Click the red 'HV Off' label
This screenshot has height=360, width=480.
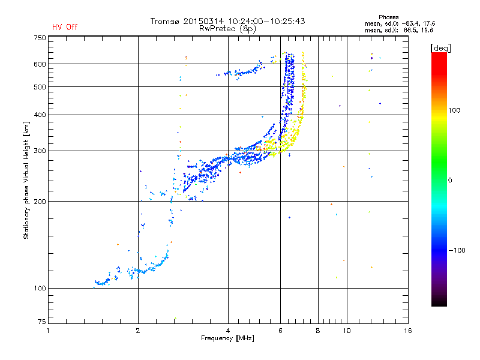[65, 27]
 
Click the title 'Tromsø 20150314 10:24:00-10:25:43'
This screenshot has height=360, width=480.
[228, 21]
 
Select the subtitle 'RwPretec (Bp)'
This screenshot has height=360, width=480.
[228, 28]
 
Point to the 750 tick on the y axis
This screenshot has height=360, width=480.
[40, 38]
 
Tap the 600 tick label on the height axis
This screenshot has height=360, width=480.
[40, 64]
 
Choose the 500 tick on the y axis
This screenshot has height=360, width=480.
[40, 86]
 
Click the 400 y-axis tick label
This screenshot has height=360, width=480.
[40, 115]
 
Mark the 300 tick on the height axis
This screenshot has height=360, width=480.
[40, 151]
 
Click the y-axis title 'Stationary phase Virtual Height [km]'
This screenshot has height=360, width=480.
[26, 180]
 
